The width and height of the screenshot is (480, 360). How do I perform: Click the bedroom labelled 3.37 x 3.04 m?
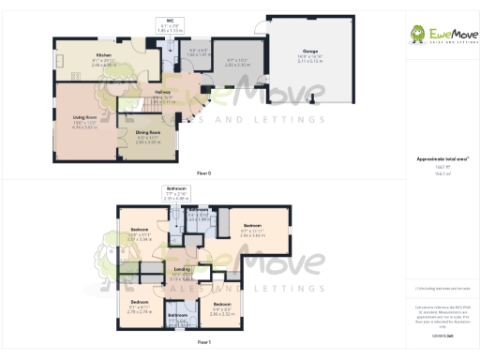pyautogui.click(x=139, y=234)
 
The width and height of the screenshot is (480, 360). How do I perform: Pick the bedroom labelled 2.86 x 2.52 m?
pyautogui.click(x=221, y=307)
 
